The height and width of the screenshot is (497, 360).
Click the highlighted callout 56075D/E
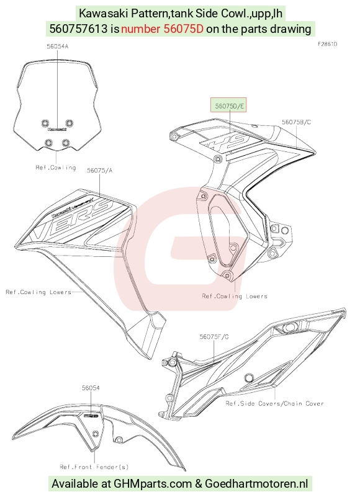click(229, 105)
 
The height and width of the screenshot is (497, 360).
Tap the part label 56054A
click(58, 47)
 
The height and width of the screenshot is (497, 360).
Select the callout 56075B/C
click(296, 122)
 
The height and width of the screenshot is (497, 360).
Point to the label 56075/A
click(99, 171)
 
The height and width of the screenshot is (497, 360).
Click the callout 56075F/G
click(214, 337)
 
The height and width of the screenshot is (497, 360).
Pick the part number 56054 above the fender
click(91, 388)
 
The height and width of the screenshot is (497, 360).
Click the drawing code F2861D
click(327, 44)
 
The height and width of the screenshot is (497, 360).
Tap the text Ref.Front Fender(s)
click(94, 467)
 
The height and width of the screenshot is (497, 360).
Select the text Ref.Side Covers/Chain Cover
click(275, 403)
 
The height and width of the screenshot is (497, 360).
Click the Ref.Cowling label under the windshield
click(56, 168)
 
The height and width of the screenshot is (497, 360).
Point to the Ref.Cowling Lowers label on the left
click(38, 292)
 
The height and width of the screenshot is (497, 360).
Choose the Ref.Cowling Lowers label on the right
click(235, 296)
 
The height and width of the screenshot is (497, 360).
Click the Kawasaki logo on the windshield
click(57, 129)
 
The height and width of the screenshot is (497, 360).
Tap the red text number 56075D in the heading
click(162, 29)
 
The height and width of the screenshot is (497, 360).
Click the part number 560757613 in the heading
click(79, 29)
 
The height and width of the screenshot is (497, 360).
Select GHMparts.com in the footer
click(153, 484)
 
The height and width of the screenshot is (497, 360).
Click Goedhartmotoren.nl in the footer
click(256, 484)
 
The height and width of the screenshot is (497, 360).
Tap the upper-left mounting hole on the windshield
click(45, 123)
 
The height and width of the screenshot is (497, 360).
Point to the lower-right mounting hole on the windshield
click(66, 143)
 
